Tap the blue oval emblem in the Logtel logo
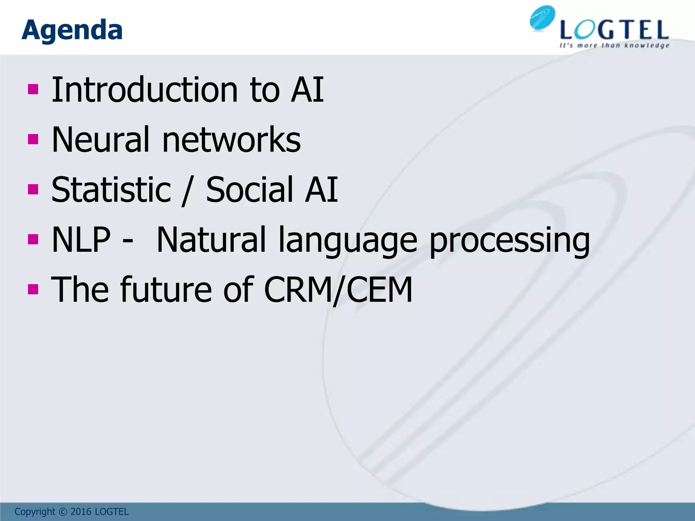pos(542,19)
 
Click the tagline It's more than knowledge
pos(614,45)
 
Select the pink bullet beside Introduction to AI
pos(33,90)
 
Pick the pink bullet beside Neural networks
pos(33,139)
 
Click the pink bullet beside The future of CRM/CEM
pos(33,289)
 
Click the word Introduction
pos(145,90)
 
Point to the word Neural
pos(100,139)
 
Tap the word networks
pos(231,139)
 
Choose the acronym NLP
pos(81,239)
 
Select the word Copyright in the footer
pos(35,512)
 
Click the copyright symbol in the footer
pos(63,512)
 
